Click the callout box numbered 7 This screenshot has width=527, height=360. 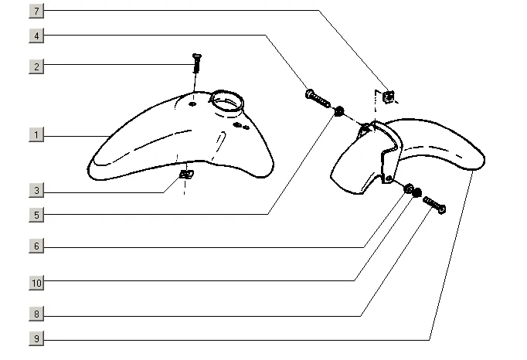tap(37, 11)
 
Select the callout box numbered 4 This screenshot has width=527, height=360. tap(37, 36)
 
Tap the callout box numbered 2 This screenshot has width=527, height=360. tap(37, 66)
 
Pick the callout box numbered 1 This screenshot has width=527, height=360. tap(37, 135)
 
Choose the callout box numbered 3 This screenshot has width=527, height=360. tap(37, 190)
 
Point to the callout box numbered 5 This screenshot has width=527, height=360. tap(37, 214)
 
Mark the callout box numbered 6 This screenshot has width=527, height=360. tap(37, 247)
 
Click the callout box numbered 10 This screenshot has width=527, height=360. tap(37, 283)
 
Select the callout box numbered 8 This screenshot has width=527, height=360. tap(37, 314)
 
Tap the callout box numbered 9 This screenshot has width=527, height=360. tap(37, 338)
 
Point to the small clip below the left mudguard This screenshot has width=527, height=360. tap(185, 175)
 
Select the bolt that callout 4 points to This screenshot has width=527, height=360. tap(317, 98)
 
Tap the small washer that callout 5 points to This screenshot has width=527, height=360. tap(338, 113)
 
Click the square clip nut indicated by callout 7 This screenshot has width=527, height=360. tap(389, 97)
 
